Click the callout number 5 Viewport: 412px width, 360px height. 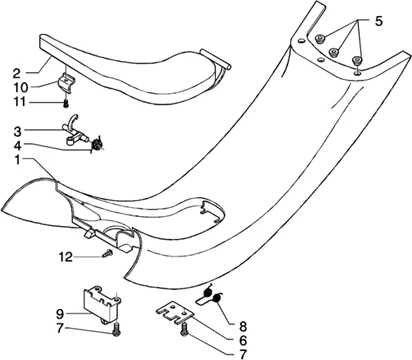pos(378,22)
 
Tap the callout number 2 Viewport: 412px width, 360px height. pos(17,73)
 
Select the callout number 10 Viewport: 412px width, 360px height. pos(20,87)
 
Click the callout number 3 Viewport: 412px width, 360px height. pos(17,132)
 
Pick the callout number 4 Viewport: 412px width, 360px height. pos(17,146)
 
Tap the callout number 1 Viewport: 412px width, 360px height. pos(17,160)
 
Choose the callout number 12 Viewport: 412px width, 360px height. pos(65,257)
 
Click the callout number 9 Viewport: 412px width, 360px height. pos(60,314)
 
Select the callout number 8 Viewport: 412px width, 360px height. pos(243,325)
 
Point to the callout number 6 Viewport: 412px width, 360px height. pos(243,340)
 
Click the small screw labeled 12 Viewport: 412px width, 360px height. pos(107,254)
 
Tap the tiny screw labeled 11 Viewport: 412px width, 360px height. pos(66,104)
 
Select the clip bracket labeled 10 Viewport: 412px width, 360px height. pos(66,83)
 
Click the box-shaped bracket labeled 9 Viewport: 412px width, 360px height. pos(101,304)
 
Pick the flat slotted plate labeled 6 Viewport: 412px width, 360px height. pos(175,313)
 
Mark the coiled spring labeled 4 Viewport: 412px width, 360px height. pos(97,143)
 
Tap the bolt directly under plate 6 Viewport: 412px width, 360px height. pos(184,330)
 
